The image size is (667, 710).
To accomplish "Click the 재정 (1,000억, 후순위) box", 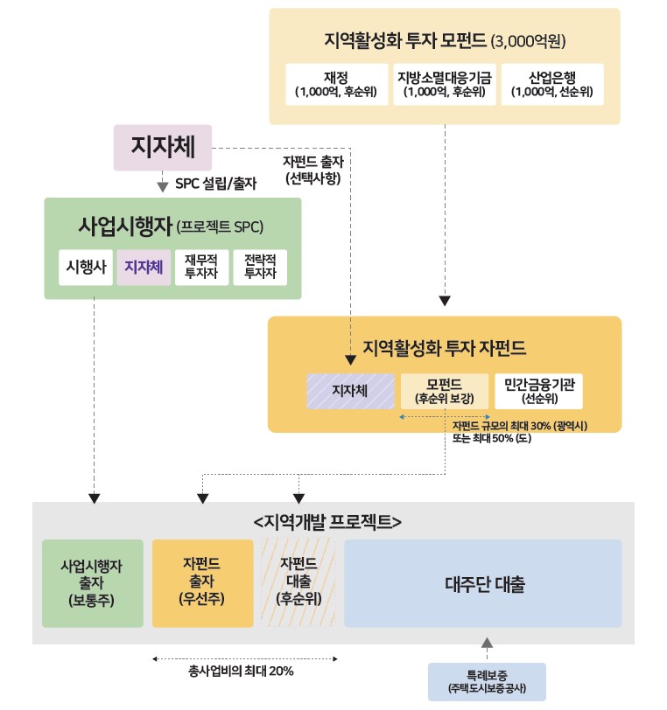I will pyautogui.click(x=337, y=84).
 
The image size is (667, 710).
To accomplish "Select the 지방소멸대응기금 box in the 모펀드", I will pyautogui.click(x=445, y=84).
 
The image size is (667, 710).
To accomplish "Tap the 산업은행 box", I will pyautogui.click(x=552, y=84).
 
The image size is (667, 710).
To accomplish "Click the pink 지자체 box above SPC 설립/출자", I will pyautogui.click(x=163, y=147).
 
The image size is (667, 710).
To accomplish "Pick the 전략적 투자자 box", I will pyautogui.click(x=259, y=267).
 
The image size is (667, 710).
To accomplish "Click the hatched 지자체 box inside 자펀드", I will pyautogui.click(x=350, y=392).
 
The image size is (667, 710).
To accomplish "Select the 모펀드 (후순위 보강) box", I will pyautogui.click(x=445, y=392).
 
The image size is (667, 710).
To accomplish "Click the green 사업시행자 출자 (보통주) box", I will pyautogui.click(x=92, y=584).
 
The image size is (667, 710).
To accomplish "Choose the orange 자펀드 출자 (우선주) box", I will pyautogui.click(x=202, y=584).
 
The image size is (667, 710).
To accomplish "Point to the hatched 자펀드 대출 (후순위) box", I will pyautogui.click(x=298, y=584).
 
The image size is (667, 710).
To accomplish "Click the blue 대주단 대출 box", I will pyautogui.click(x=483, y=584).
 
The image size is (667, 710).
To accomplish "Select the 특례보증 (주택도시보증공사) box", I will pyautogui.click(x=487, y=681).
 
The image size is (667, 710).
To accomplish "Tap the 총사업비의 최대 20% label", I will pyautogui.click(x=241, y=672).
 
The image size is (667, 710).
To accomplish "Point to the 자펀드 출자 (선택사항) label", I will pyautogui.click(x=312, y=170).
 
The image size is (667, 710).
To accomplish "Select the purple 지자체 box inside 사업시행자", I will pyautogui.click(x=144, y=267).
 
